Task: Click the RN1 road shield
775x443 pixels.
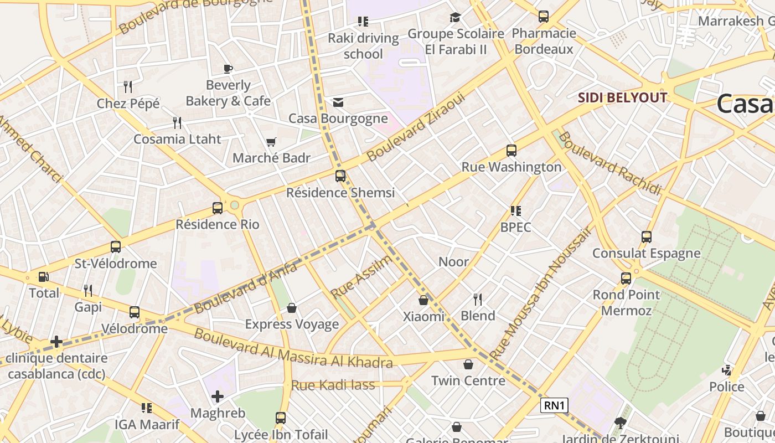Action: point(554,405)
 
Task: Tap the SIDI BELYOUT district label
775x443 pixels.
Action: point(622,98)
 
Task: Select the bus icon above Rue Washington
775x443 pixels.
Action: point(512,151)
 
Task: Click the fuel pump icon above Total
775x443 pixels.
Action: point(43,277)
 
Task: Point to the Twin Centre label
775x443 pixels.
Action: point(468,380)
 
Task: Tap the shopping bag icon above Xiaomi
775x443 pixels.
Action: point(423,300)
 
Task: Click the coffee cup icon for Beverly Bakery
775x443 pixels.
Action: point(228,69)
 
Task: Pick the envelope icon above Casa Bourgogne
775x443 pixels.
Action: point(338,102)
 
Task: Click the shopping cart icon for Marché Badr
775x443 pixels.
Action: point(271,142)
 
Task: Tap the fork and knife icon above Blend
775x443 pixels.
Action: point(478,300)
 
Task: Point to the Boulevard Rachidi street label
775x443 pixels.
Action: point(609,163)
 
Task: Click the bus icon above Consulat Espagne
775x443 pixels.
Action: point(646,237)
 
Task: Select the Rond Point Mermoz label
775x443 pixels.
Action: point(626,302)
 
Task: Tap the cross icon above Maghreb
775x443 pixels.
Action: point(218,396)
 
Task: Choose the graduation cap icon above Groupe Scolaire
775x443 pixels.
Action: point(455,18)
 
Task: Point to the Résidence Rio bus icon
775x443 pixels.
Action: point(218,208)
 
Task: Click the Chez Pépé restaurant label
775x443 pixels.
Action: point(128,104)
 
